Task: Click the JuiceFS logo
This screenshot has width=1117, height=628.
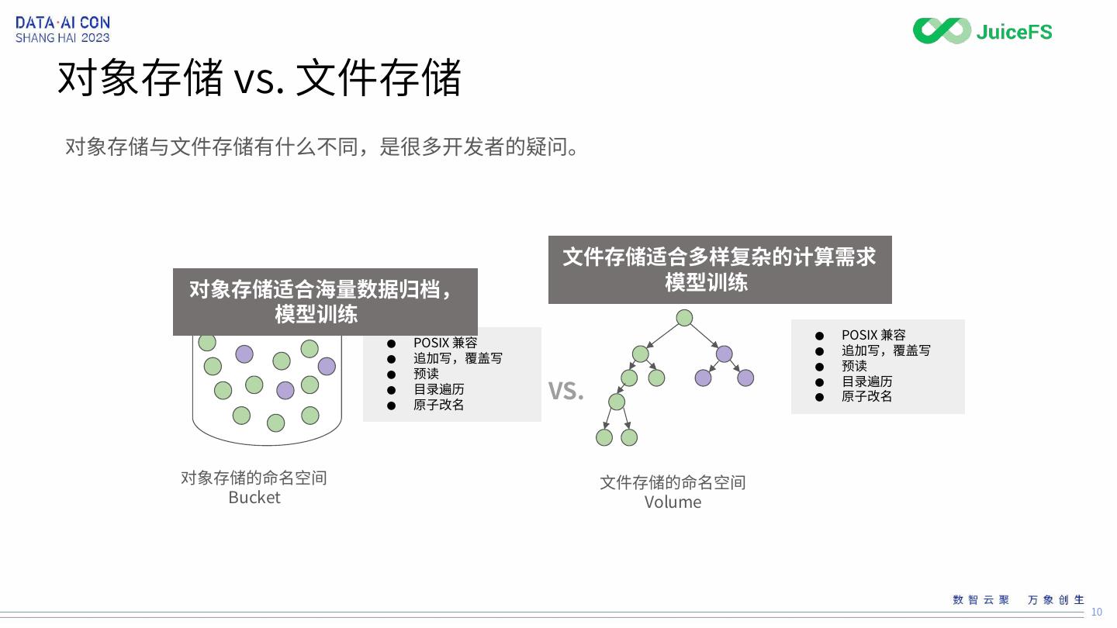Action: click(982, 31)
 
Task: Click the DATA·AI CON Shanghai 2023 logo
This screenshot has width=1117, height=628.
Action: click(63, 29)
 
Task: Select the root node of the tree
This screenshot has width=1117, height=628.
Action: click(684, 318)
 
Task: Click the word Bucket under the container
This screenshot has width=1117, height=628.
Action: click(254, 498)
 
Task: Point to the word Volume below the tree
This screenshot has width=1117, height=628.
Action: click(673, 502)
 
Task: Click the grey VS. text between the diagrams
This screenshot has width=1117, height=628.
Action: click(565, 391)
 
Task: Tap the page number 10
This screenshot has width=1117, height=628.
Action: click(1096, 612)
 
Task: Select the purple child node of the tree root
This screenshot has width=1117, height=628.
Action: click(724, 354)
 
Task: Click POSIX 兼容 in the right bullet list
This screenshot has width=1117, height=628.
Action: click(873, 335)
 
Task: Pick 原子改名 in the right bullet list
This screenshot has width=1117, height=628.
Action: click(866, 396)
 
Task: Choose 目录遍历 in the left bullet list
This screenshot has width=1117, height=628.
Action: click(438, 389)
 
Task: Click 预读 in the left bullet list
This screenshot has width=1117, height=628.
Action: click(426, 374)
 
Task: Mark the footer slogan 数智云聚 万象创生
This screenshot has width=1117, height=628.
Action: click(1018, 600)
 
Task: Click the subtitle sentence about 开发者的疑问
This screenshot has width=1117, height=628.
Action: click(322, 147)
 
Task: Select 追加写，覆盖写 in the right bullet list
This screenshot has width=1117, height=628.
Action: click(886, 350)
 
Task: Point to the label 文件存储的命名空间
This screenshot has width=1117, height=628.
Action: click(673, 482)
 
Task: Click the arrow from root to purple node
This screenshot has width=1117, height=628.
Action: click(704, 336)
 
